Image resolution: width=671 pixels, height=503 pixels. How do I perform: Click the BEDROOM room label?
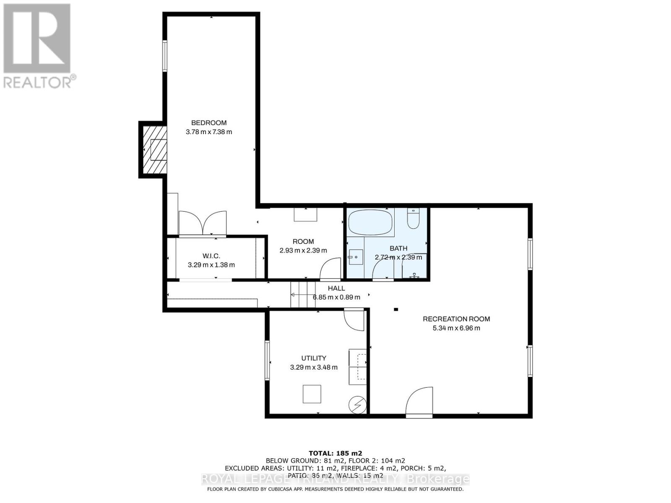[209, 123]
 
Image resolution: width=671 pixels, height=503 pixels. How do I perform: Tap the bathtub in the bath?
[371, 223]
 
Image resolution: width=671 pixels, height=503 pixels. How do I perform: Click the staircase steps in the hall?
[303, 294]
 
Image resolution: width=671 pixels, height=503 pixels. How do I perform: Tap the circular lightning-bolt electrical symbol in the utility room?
[357, 405]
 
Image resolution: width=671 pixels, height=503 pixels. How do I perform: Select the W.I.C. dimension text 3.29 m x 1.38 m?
[211, 265]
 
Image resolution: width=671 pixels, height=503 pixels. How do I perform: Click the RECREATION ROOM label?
[456, 319]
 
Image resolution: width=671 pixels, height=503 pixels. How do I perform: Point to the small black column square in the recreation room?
[395, 310]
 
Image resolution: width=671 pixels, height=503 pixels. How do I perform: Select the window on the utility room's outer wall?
[267, 360]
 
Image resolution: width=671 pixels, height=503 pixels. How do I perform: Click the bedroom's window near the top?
[165, 56]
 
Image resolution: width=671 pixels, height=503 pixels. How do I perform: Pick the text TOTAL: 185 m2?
[335, 453]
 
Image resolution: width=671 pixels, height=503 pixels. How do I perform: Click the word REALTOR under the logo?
[38, 82]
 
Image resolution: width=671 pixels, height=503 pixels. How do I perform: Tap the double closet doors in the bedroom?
[203, 223]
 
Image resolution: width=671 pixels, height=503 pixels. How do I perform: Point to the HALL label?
[336, 288]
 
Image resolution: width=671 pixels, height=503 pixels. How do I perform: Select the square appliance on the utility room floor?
[312, 394]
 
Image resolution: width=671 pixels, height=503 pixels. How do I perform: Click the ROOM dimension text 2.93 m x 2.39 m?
[303, 251]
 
